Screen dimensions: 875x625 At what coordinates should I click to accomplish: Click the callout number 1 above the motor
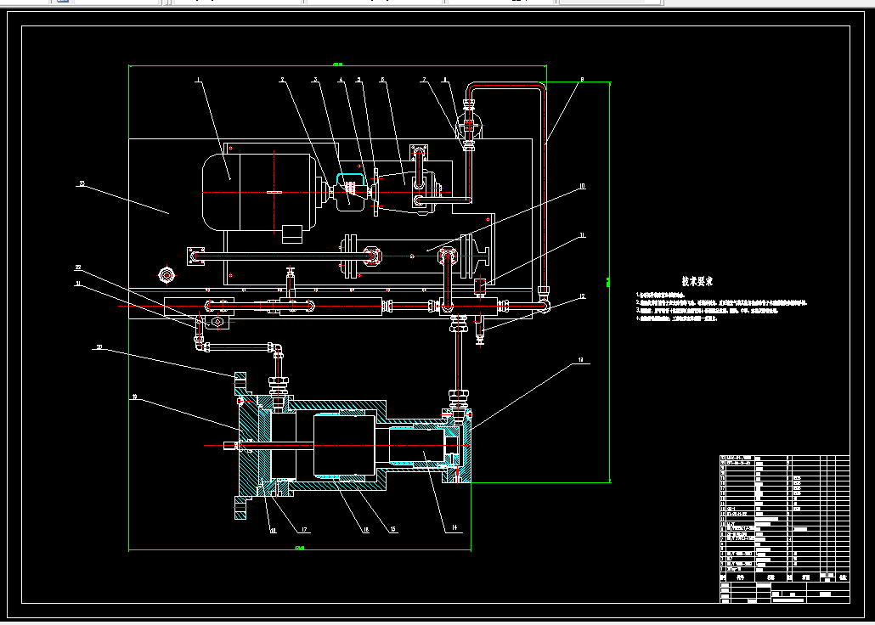198,82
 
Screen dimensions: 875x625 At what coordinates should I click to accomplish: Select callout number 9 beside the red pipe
582,80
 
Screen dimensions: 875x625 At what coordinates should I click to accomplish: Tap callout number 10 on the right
582,185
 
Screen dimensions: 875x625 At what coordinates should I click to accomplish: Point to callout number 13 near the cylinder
582,361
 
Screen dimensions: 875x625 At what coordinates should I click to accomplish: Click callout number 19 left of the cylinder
134,397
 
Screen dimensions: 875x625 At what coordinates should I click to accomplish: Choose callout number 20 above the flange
99,346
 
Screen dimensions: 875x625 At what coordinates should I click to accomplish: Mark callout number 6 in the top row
382,81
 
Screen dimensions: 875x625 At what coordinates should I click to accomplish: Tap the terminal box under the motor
292,230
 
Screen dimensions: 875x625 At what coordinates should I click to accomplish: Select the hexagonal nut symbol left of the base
166,275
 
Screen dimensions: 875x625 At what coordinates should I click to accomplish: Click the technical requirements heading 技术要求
697,281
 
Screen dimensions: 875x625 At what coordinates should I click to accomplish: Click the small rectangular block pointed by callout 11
480,284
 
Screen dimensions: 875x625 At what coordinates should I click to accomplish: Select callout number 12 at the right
582,296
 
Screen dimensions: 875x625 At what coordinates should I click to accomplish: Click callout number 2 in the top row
282,81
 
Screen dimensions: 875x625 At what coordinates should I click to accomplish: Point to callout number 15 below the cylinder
392,530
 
